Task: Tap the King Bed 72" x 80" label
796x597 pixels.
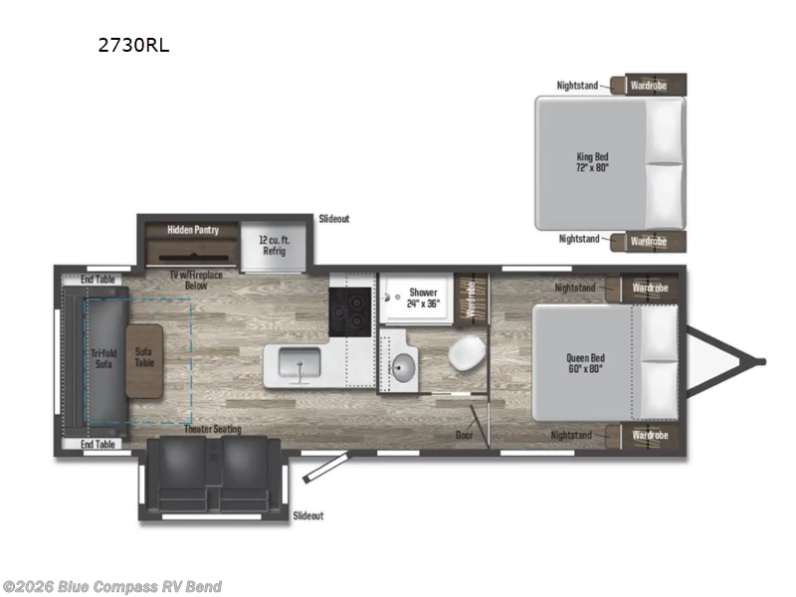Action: point(592,162)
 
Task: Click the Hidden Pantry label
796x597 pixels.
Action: point(192,229)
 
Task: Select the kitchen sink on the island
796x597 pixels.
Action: point(297,366)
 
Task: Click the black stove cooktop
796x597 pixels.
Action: point(349,312)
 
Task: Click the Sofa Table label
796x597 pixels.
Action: point(143,359)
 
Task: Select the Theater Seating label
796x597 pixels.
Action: point(212,429)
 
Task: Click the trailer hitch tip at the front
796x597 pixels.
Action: point(762,362)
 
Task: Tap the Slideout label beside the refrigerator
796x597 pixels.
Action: point(333,219)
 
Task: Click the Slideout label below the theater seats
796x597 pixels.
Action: point(308,515)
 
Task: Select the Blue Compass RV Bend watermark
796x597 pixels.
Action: point(111,586)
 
